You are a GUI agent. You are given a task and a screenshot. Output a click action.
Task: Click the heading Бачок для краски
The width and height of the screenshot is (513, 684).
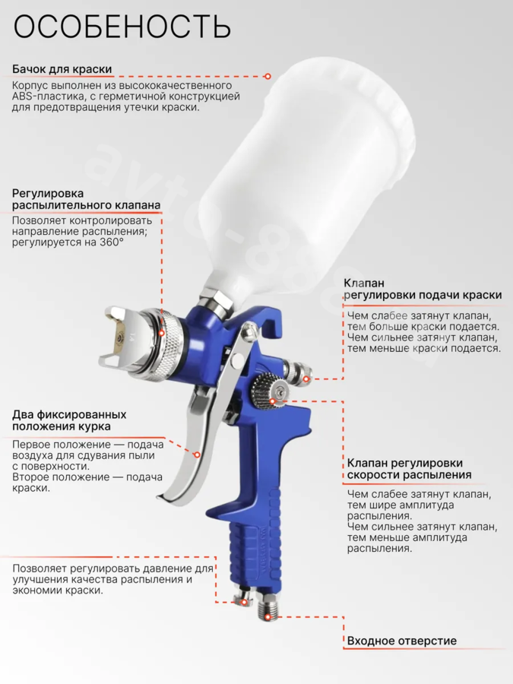(x=62, y=69)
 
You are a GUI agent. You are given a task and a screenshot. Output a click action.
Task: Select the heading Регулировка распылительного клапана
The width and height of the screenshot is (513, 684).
(x=86, y=199)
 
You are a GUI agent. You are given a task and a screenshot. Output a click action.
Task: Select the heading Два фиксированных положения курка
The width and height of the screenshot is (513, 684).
(x=69, y=420)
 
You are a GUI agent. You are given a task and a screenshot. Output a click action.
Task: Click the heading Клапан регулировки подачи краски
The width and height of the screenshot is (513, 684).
(x=423, y=290)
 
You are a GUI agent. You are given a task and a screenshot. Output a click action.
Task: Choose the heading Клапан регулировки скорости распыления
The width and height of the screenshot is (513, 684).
(x=409, y=468)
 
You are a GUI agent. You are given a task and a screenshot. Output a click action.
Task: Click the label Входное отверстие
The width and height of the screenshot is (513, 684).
(x=402, y=641)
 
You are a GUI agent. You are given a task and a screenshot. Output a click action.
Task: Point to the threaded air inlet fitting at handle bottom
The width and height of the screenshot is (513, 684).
(x=269, y=606)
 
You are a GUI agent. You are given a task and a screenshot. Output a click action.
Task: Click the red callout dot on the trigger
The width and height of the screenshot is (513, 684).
(x=197, y=455)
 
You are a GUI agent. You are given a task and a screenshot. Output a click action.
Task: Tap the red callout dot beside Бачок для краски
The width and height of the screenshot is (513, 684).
(x=268, y=76)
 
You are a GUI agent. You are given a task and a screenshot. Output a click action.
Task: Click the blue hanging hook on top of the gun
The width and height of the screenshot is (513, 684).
(x=271, y=318)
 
